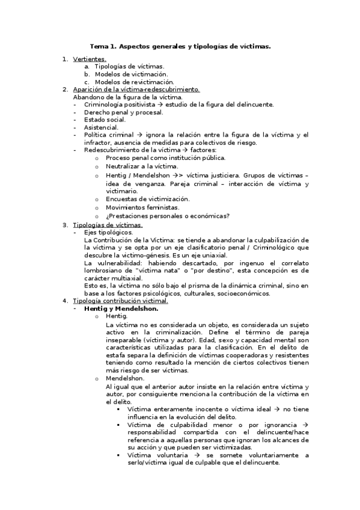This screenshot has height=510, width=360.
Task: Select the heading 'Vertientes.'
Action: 90,59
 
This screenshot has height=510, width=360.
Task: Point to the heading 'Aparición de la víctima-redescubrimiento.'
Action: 136,89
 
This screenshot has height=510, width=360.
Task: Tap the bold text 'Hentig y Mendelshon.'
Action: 121,309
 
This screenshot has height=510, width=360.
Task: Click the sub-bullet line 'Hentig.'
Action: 116,316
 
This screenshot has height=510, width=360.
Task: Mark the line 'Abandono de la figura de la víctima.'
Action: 127,97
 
